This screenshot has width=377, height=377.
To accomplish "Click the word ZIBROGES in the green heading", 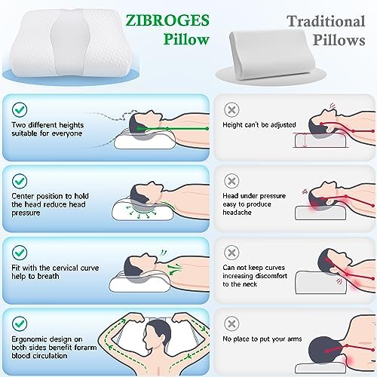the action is [x=167, y=20].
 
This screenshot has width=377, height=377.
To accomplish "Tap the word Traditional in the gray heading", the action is [x=326, y=21].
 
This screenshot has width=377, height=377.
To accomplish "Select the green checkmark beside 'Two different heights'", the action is [x=20, y=109].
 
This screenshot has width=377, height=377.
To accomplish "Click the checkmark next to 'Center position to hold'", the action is [x=20, y=181].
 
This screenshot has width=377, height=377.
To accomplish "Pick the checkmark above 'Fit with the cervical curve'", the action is [x=20, y=253].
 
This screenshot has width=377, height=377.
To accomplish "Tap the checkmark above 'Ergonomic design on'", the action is [x=20, y=323].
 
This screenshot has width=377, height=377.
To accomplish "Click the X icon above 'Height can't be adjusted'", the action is [x=231, y=110].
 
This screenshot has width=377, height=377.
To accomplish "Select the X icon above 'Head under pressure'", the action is [x=231, y=181].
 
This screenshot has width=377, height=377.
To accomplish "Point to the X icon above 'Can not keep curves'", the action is [x=231, y=253].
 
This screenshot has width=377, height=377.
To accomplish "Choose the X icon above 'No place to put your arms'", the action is [x=231, y=323].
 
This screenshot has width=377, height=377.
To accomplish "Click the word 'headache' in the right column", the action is [x=237, y=213].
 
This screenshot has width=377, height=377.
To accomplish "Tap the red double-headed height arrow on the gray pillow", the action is [x=305, y=140].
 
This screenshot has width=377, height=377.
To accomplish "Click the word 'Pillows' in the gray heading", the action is [x=339, y=40].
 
